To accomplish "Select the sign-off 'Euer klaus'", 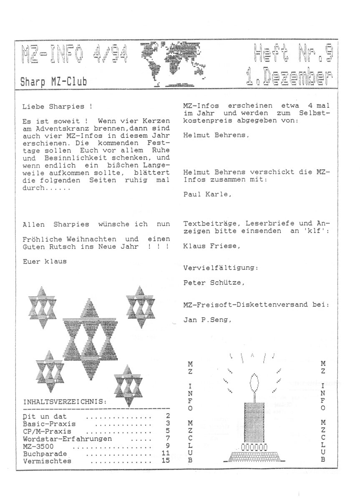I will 45,262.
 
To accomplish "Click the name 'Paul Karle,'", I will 207,194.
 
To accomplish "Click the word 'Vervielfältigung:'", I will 220,268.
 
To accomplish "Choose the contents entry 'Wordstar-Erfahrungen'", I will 68,439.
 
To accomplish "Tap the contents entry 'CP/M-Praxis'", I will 47,431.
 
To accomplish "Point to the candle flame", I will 255,383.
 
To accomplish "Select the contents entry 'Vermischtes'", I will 47,461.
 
